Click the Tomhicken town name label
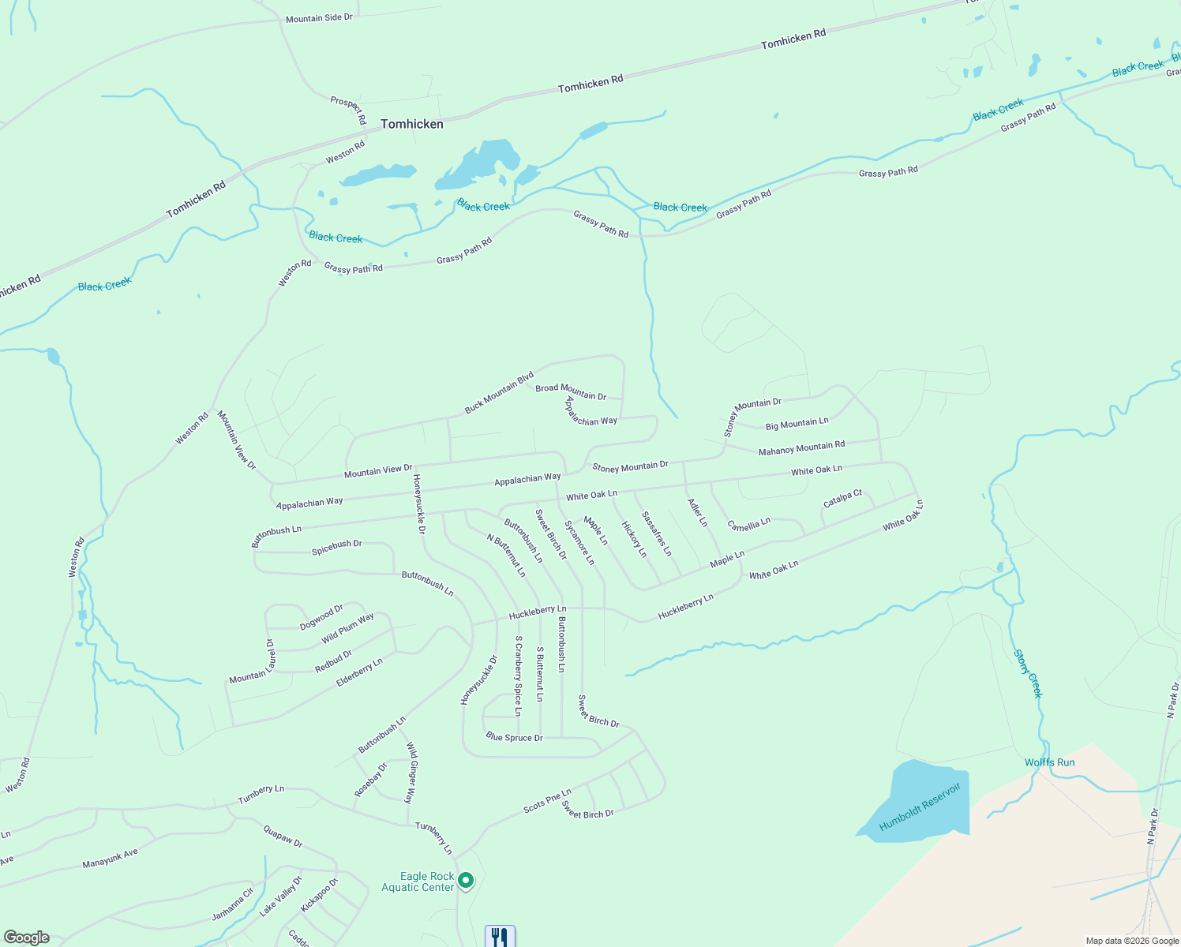pyautogui.click(x=411, y=124)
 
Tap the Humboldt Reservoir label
pyautogui.click(x=920, y=807)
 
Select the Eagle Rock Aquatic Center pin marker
pyautogui.click(x=466, y=880)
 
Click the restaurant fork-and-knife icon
pyautogui.click(x=500, y=937)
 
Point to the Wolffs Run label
pyautogui.click(x=1049, y=762)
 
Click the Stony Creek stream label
pyautogui.click(x=1028, y=674)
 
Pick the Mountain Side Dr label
pyautogui.click(x=319, y=17)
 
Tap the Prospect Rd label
pyautogui.click(x=348, y=110)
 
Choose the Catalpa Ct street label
pyautogui.click(x=842, y=500)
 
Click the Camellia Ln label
pyautogui.click(x=748, y=525)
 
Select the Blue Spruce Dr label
pyautogui.click(x=514, y=737)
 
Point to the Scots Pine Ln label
pyautogui.click(x=547, y=801)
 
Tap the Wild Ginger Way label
pyautogui.click(x=411, y=772)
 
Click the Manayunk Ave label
pyautogui.click(x=110, y=859)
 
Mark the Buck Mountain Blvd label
pyautogui.click(x=499, y=392)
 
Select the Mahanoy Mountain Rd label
pyautogui.click(x=801, y=448)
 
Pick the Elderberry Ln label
pyautogui.click(x=359, y=672)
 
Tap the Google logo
pyautogui.click(x=27, y=937)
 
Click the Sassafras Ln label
pyautogui.click(x=656, y=533)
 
